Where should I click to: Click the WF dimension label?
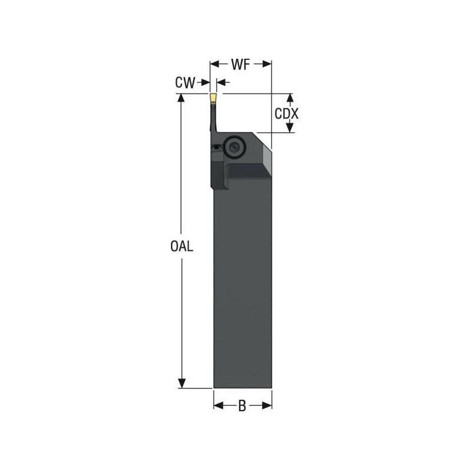(241, 64)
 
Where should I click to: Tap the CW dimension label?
(184, 83)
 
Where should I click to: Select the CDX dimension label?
(287, 113)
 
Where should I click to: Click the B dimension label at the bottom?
(242, 405)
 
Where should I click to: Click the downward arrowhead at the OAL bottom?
(182, 384)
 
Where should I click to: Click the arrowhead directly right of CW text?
(205, 83)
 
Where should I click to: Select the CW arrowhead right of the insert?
(220, 83)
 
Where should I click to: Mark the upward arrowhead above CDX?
(289, 98)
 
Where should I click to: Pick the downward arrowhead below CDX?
(289, 129)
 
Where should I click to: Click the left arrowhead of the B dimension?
(217, 405)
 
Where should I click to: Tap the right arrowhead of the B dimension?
(268, 405)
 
